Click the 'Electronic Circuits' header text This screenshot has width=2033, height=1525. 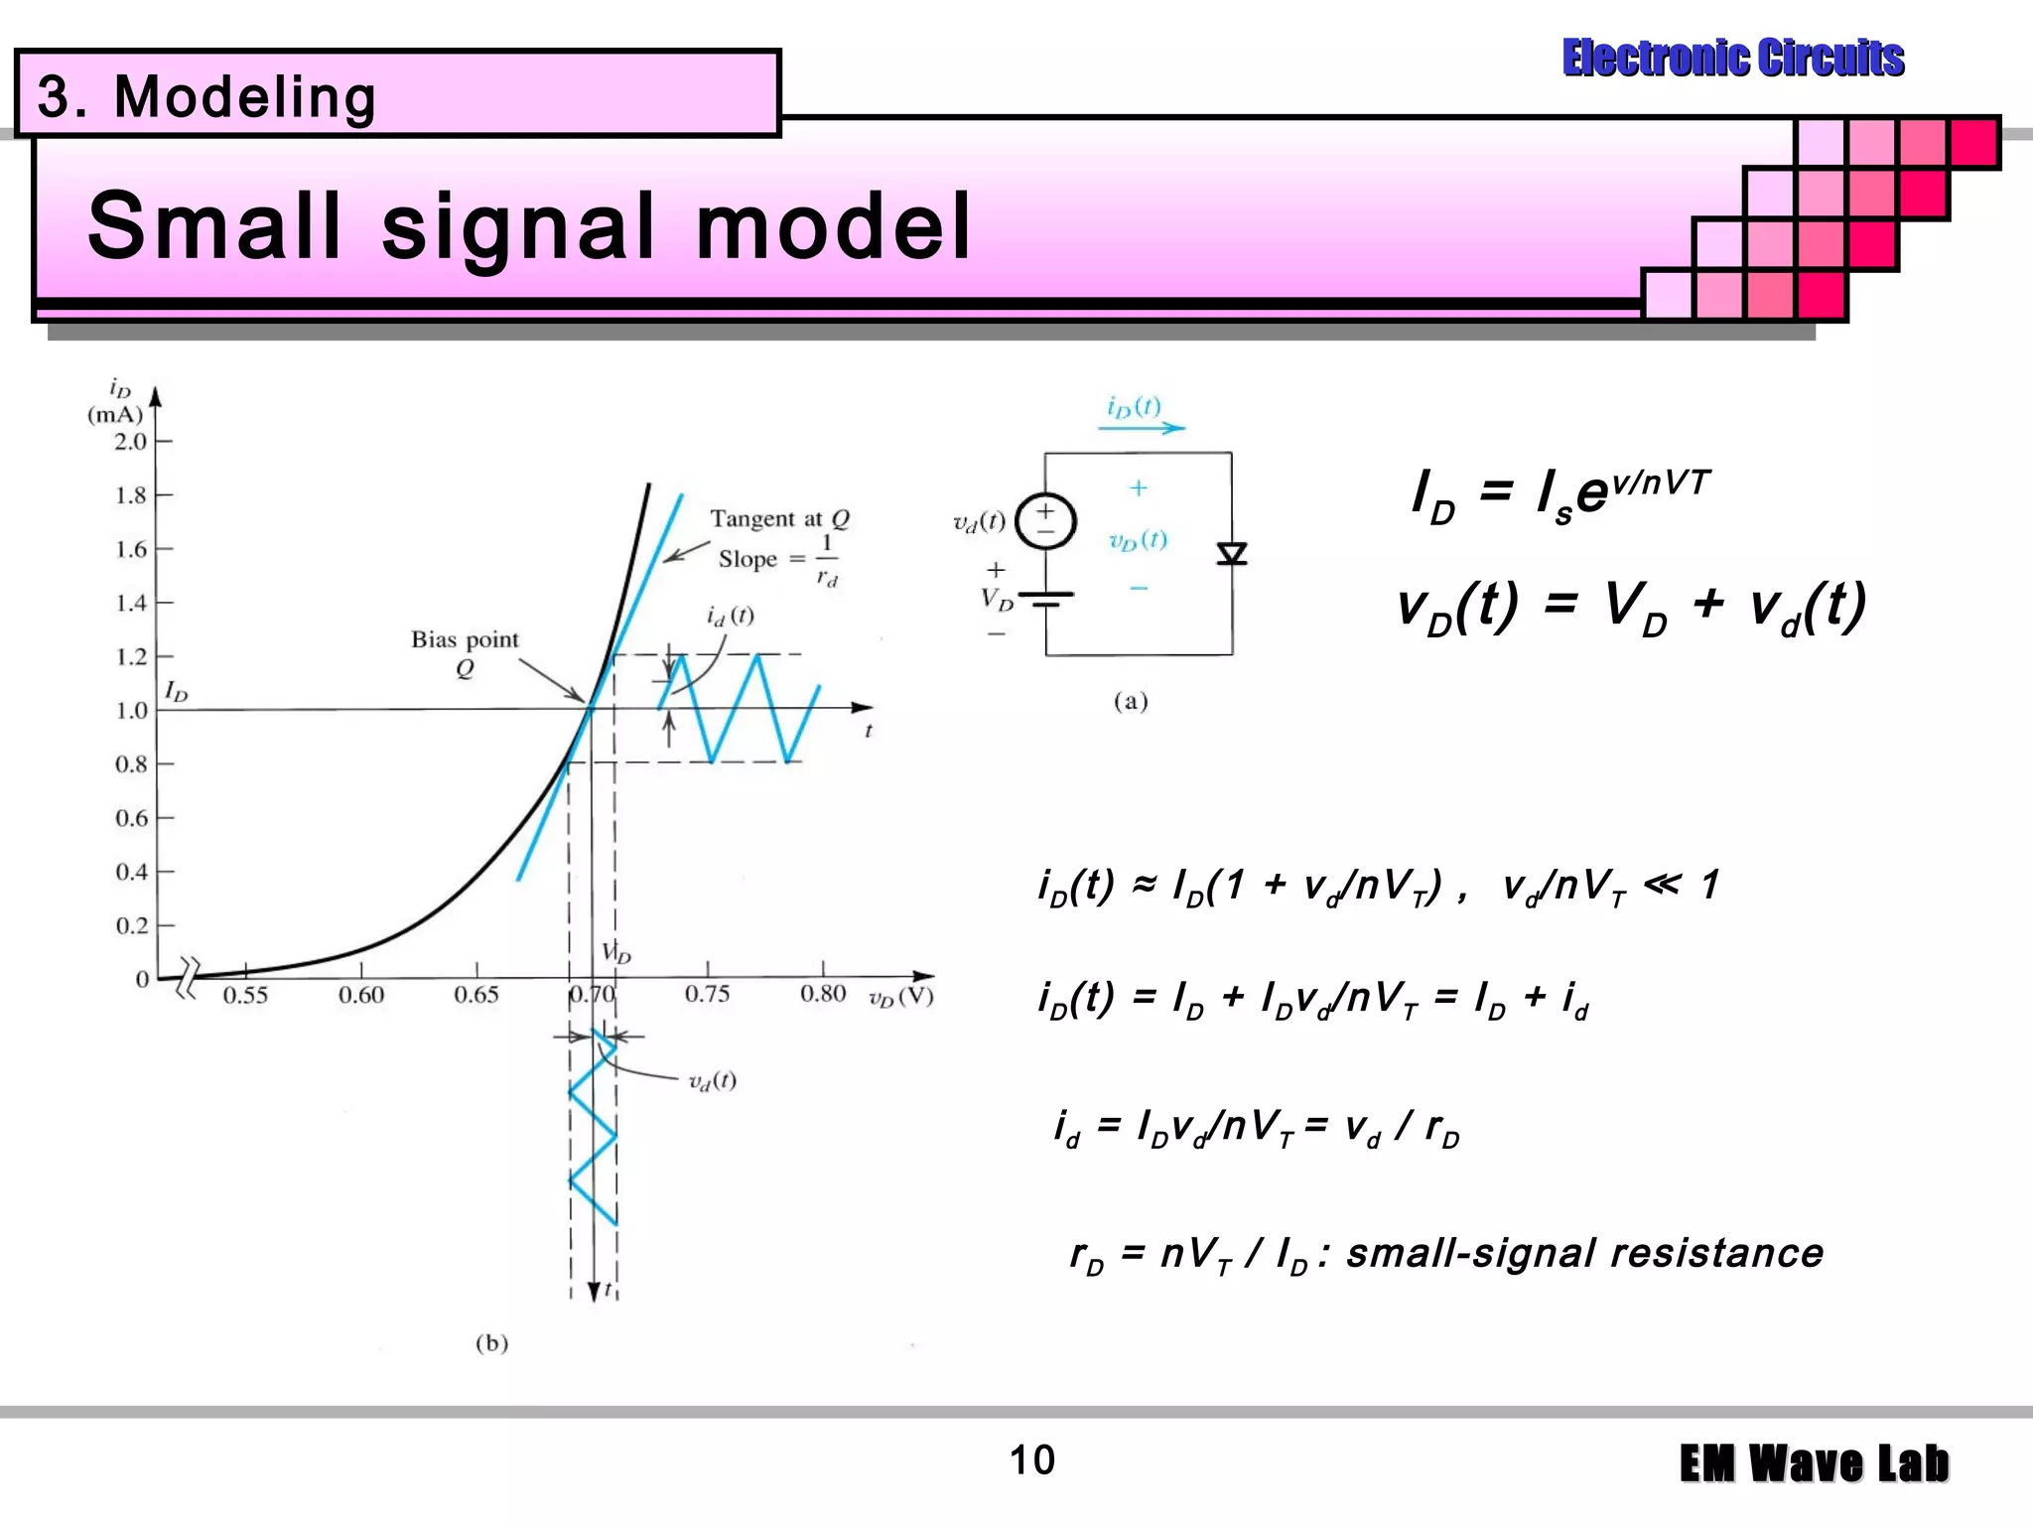point(1732,58)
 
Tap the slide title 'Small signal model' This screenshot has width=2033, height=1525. point(529,226)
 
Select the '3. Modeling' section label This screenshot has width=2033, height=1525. point(206,97)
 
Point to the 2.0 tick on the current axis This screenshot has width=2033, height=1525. point(130,442)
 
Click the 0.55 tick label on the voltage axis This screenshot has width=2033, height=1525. point(244,995)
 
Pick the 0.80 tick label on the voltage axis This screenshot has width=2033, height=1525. point(822,994)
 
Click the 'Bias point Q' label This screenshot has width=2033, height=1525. point(465,651)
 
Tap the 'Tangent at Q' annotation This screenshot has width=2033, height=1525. point(779,518)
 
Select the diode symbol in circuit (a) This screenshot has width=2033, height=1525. point(1232,553)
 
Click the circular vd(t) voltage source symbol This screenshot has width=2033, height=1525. point(1045,520)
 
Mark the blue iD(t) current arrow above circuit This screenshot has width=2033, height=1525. point(1142,428)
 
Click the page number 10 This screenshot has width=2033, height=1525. point(1031,1460)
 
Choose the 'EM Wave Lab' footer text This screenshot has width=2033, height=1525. point(1814,1463)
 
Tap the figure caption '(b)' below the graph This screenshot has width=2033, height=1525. point(491,1343)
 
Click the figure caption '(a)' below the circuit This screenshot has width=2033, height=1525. point(1130,702)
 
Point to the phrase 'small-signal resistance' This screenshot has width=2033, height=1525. point(1584,1253)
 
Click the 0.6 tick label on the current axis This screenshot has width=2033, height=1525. point(131,818)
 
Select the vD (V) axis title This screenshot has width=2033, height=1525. point(900,997)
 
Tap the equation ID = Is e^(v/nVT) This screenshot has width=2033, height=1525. point(1560,492)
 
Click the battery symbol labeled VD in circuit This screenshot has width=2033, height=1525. point(1045,599)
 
